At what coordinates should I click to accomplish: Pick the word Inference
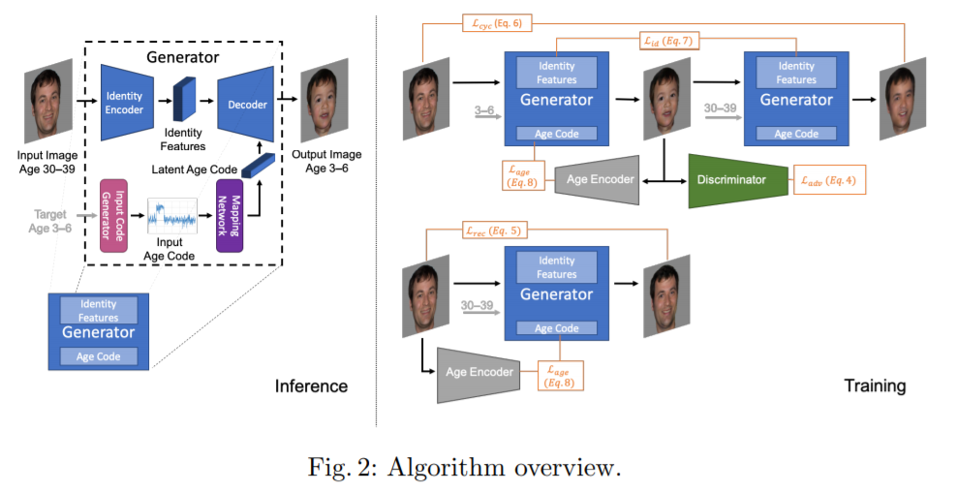tap(310, 385)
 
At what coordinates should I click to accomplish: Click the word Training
tap(874, 385)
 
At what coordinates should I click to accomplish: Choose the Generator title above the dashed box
tap(181, 57)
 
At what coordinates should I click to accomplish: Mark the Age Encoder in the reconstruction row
tap(479, 372)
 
